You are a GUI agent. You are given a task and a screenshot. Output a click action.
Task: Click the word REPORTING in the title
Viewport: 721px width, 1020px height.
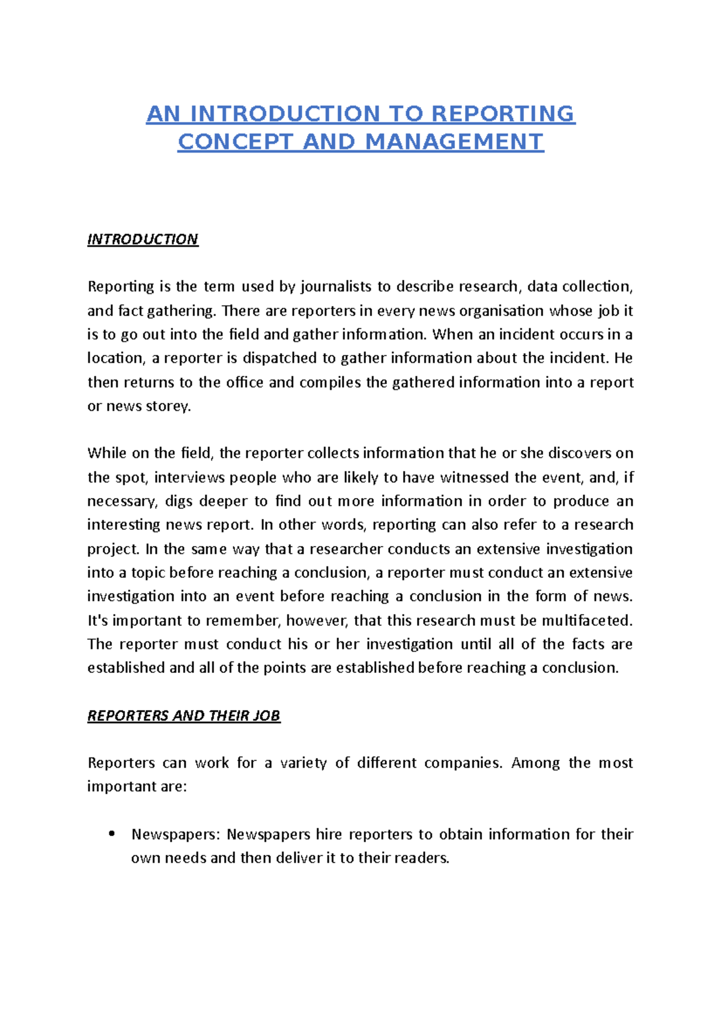tap(503, 114)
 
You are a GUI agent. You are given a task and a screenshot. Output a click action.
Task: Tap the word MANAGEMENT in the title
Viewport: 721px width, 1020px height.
tap(454, 142)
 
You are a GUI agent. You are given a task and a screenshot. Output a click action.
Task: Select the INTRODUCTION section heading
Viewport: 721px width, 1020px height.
tap(142, 239)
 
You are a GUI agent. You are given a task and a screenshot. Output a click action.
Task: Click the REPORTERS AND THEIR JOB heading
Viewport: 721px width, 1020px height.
tap(184, 715)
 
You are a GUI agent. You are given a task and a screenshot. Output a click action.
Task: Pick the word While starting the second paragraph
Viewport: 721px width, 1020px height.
tap(106, 453)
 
